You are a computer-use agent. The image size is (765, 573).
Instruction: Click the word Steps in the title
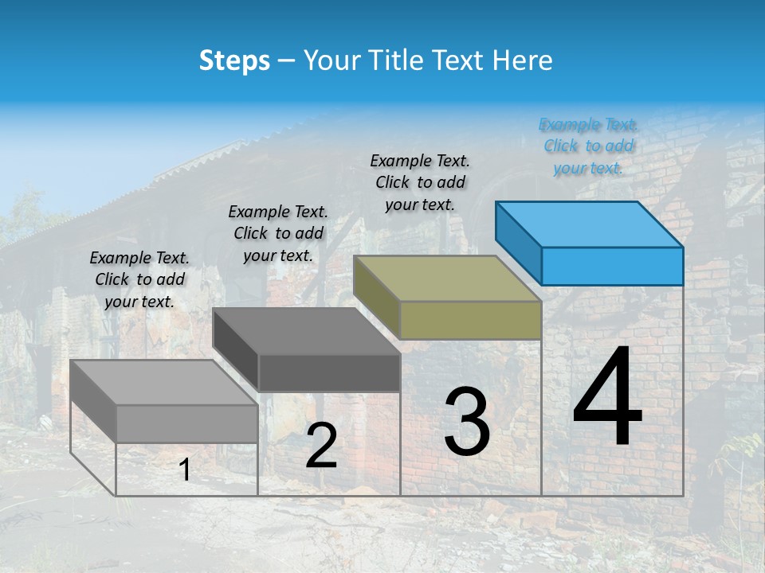tap(234, 60)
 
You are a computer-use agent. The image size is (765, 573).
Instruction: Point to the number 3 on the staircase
tap(467, 422)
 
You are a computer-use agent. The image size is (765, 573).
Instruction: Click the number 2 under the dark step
tap(321, 446)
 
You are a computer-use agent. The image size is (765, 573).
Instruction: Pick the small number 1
tap(185, 470)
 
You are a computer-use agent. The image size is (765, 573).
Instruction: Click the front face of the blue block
tap(612, 266)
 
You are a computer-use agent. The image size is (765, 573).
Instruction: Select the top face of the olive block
tap(448, 279)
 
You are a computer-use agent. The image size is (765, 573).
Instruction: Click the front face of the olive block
tap(470, 320)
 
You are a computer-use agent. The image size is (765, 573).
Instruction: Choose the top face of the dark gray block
tap(307, 331)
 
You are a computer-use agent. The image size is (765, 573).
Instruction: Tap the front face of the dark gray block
tap(329, 372)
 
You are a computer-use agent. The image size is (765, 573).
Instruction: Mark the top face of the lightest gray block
tap(164, 383)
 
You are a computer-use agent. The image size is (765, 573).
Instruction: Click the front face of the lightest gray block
tap(187, 423)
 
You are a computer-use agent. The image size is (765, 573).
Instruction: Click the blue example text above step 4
tap(589, 146)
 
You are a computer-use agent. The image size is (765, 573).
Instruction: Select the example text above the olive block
tap(420, 182)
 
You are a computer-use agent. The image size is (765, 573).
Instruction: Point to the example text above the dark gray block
tap(278, 233)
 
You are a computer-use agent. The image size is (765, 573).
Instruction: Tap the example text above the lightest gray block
tap(139, 279)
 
